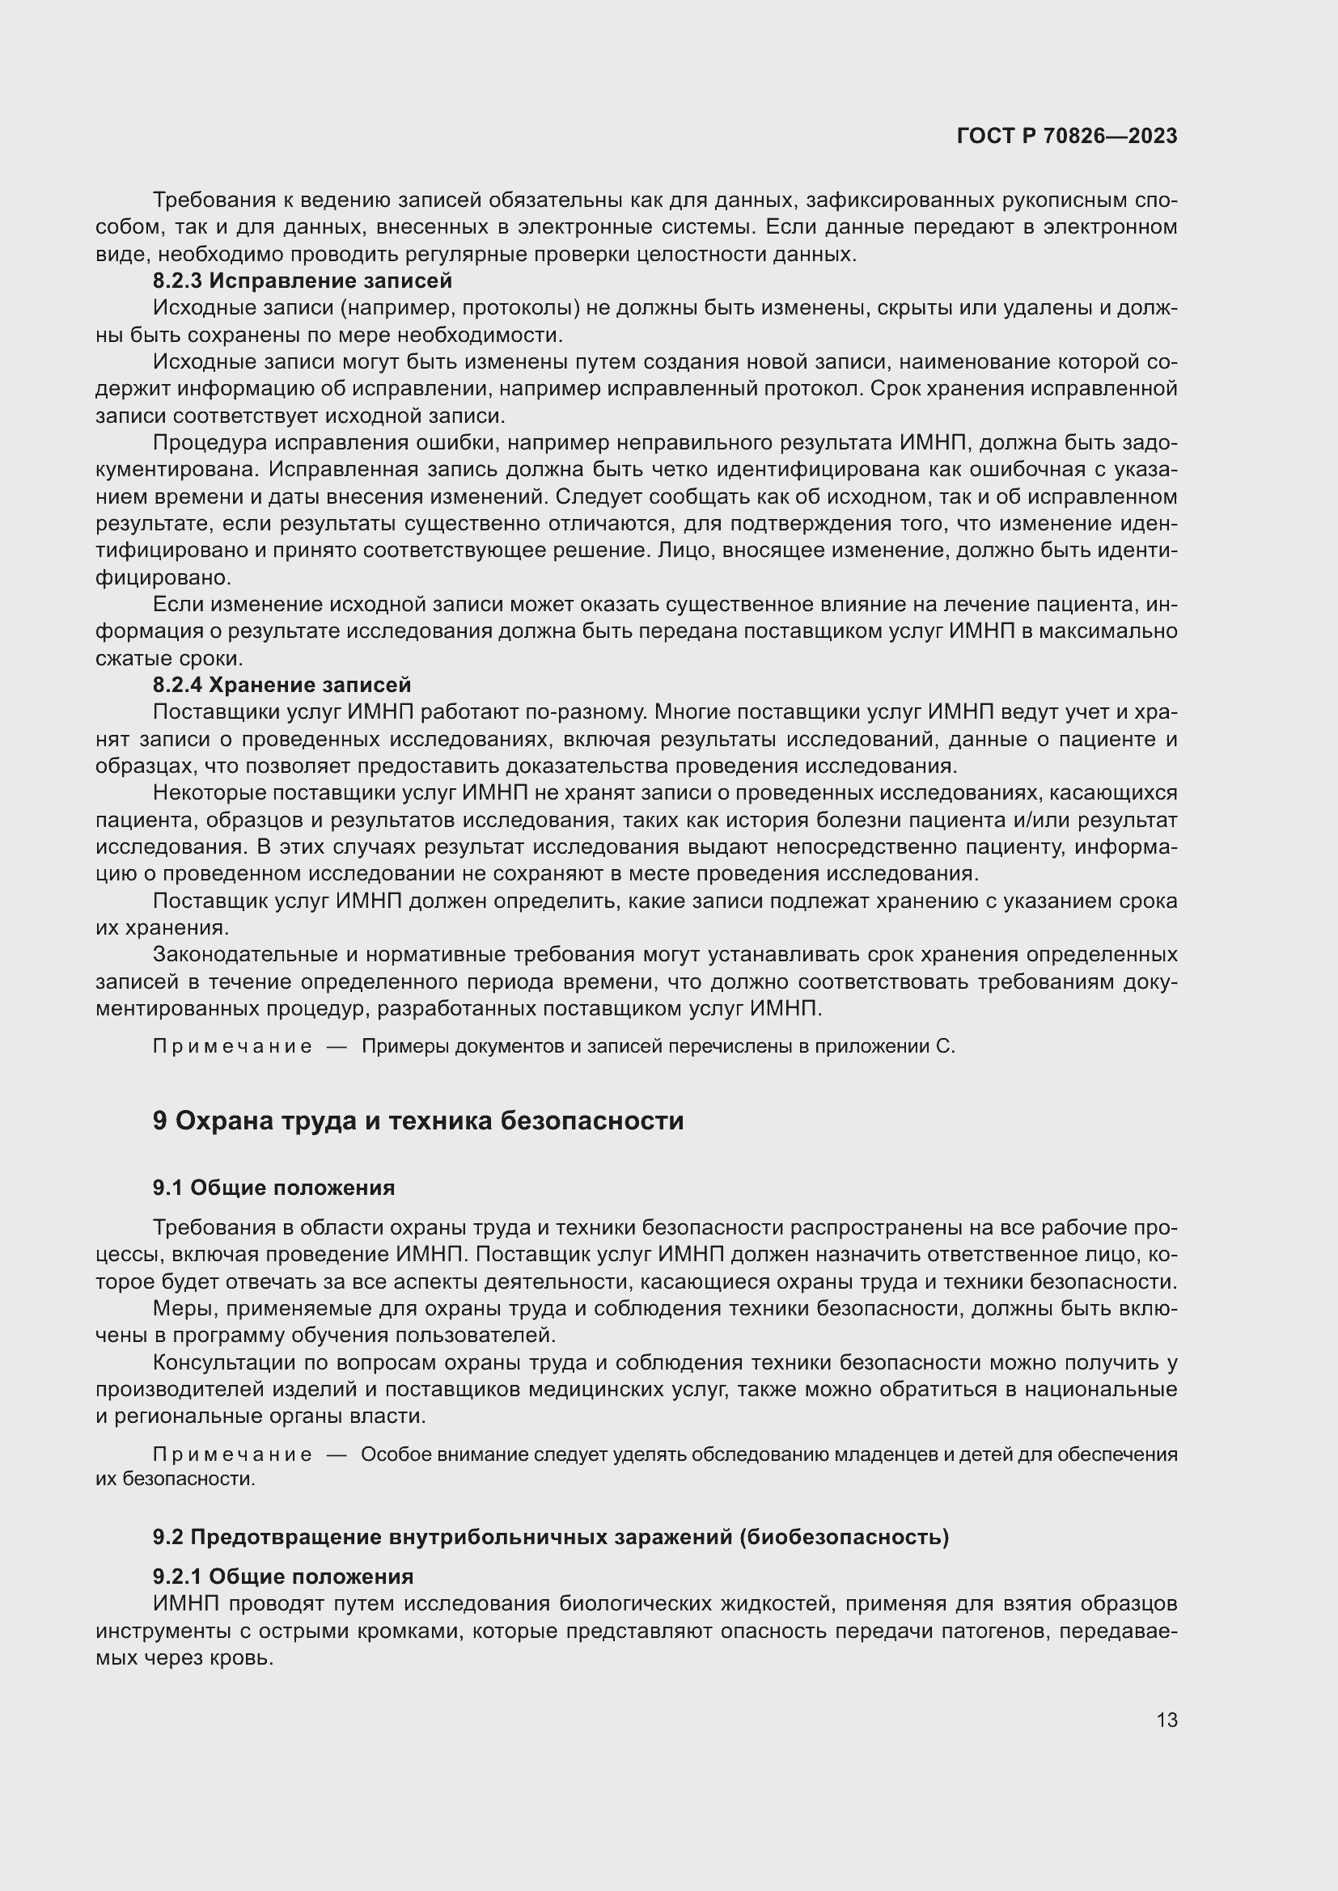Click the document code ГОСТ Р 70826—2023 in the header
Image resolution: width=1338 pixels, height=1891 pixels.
pos(1067,136)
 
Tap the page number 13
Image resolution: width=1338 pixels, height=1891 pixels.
pos(1167,1720)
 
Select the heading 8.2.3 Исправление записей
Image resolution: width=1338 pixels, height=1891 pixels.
pos(303,281)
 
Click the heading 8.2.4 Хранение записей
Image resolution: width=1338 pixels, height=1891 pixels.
pos(282,685)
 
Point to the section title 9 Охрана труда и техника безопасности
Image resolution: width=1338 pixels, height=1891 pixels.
pos(417,1120)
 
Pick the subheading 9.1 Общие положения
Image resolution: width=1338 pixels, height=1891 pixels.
pos(273,1187)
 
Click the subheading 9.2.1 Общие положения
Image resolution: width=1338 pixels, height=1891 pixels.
pos(283,1577)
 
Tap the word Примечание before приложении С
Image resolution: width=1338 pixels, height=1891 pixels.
pos(232,1047)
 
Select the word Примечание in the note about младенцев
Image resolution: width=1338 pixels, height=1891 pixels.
pos(232,1454)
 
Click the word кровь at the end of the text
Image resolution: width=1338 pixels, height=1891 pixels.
pos(243,1658)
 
